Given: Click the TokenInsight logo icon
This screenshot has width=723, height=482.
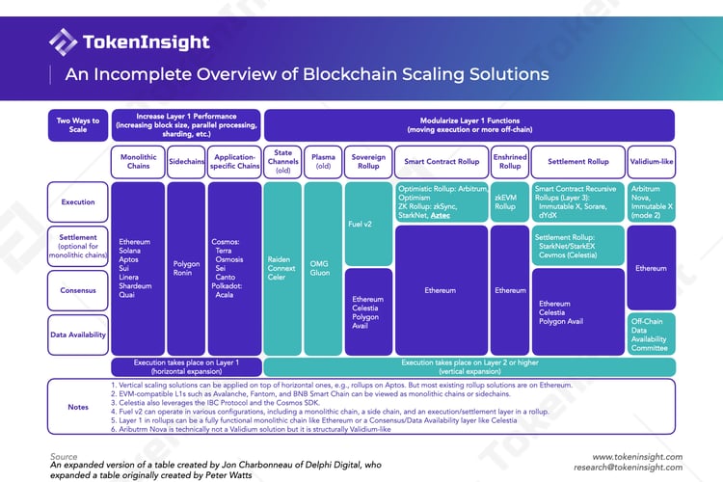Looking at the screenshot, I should pos(63,41).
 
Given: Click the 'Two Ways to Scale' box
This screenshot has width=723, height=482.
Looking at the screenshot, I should pos(77,125).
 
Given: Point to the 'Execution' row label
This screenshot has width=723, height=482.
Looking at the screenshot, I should pos(77,202).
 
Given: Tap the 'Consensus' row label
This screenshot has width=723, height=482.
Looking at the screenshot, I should pos(77,289).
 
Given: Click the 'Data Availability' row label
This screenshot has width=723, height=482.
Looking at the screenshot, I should pos(77,334).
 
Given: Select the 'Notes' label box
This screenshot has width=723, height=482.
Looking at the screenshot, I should pos(77,407).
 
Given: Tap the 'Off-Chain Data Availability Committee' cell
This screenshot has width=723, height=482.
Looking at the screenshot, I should pos(651,334).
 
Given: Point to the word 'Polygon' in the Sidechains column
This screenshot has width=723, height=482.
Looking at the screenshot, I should pos(186,261).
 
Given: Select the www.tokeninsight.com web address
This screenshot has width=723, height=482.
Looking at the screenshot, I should pos(637,457).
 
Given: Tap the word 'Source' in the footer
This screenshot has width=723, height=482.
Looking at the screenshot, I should pos(64,456).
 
